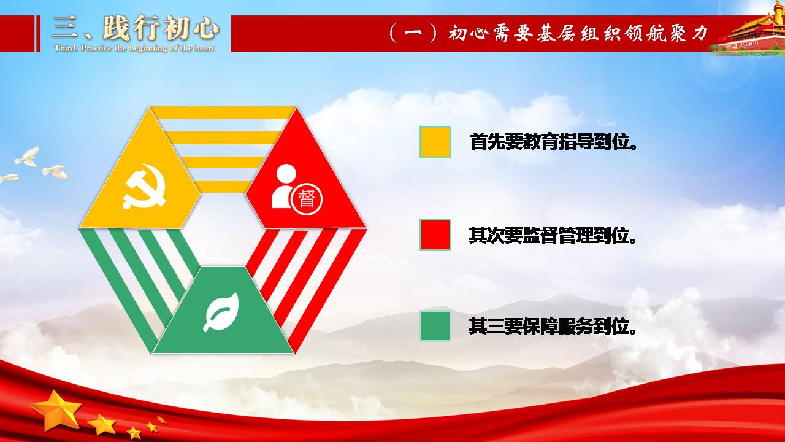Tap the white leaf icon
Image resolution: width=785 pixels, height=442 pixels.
coord(221,312)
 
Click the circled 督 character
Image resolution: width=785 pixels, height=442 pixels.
coord(307,200)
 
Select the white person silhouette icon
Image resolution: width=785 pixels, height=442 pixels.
coord(283,186)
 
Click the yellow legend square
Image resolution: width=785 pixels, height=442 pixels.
coord(435,142)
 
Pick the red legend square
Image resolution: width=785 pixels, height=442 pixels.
coord(435,235)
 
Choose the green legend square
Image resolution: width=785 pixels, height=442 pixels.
coord(435,326)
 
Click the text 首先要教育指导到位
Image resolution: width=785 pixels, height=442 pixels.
coord(553,142)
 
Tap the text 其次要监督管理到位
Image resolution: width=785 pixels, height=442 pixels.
coord(553,235)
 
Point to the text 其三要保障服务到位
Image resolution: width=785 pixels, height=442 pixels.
coord(553,326)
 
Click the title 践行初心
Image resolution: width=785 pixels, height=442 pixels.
coord(161,28)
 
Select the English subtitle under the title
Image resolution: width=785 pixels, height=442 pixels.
coord(134,48)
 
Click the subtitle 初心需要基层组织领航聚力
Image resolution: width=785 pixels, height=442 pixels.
coord(578,34)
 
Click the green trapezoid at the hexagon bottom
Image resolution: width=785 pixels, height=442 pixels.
coord(223,310)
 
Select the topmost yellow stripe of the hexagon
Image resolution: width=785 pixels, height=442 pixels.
coord(223,113)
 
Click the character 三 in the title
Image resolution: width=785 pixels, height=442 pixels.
coord(65,28)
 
